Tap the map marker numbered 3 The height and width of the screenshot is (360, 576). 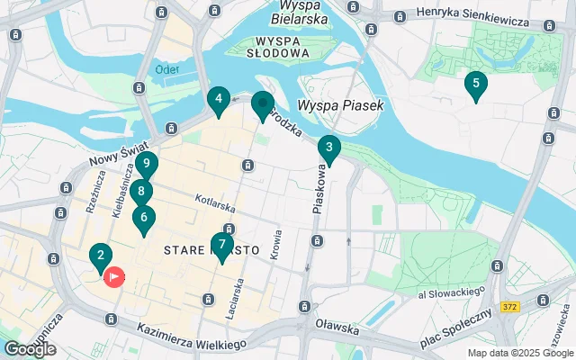[x=329, y=148]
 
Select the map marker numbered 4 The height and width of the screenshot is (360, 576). [x=219, y=100]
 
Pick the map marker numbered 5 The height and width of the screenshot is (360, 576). [x=475, y=85]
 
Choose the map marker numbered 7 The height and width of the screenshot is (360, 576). [x=221, y=245]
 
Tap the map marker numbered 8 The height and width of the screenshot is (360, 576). [x=140, y=192]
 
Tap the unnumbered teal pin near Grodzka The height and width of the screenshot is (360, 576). [x=262, y=104]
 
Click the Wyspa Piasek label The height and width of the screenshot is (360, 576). [x=340, y=105]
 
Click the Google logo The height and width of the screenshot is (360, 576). [x=30, y=349]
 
